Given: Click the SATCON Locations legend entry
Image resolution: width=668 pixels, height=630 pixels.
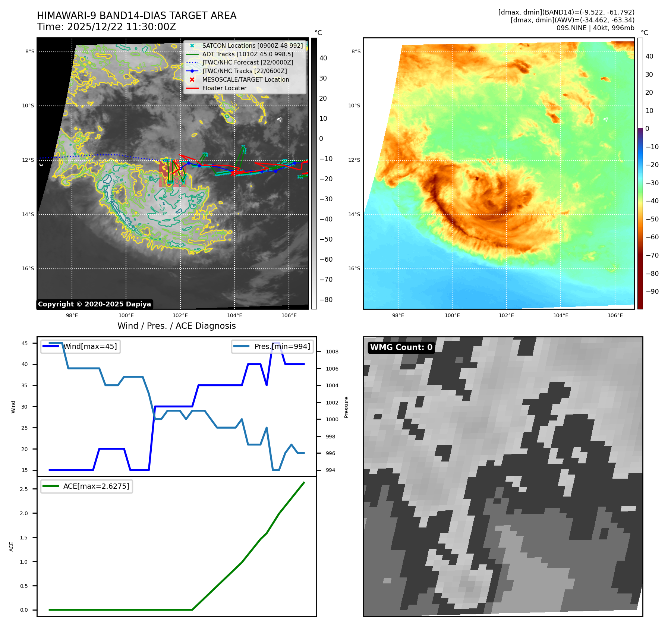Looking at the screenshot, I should point(252,45).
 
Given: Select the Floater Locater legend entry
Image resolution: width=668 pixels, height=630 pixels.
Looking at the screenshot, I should point(224,88).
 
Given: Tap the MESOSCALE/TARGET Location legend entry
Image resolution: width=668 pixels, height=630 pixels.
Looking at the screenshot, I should point(245,79).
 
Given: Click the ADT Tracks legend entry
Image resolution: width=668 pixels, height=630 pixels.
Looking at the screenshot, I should point(248,54).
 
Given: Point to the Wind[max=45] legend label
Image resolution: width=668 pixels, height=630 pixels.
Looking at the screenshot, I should point(90,346).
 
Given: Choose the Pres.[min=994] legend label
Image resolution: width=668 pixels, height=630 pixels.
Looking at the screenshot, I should point(282,346).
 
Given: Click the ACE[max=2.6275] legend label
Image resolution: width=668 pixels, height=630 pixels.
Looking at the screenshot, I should point(96,486).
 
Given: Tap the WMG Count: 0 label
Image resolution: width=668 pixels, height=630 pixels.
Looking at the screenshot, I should point(401,347).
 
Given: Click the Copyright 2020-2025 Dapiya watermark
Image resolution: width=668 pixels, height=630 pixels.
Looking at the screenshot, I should point(94,304).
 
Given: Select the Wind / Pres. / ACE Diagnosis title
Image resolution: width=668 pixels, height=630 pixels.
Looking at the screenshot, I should point(176,326).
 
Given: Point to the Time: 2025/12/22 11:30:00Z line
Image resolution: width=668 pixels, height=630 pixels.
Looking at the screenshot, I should point(106,27).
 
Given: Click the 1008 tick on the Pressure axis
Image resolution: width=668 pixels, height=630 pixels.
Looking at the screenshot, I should point(332,352).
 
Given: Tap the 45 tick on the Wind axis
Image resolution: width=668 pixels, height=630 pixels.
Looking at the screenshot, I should point(25,343).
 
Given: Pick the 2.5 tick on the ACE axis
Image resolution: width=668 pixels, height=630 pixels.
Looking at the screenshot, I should point(24,489).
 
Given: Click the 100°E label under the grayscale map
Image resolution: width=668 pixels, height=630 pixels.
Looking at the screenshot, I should point(126,315).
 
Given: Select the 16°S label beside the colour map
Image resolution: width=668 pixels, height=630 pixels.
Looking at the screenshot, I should point(354,268).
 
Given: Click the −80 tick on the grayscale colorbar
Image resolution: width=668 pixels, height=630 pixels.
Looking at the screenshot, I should point(326,300).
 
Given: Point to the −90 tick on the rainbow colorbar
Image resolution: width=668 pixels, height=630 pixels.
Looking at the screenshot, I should point(652,292).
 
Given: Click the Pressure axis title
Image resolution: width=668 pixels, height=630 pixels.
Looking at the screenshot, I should point(346,407).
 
